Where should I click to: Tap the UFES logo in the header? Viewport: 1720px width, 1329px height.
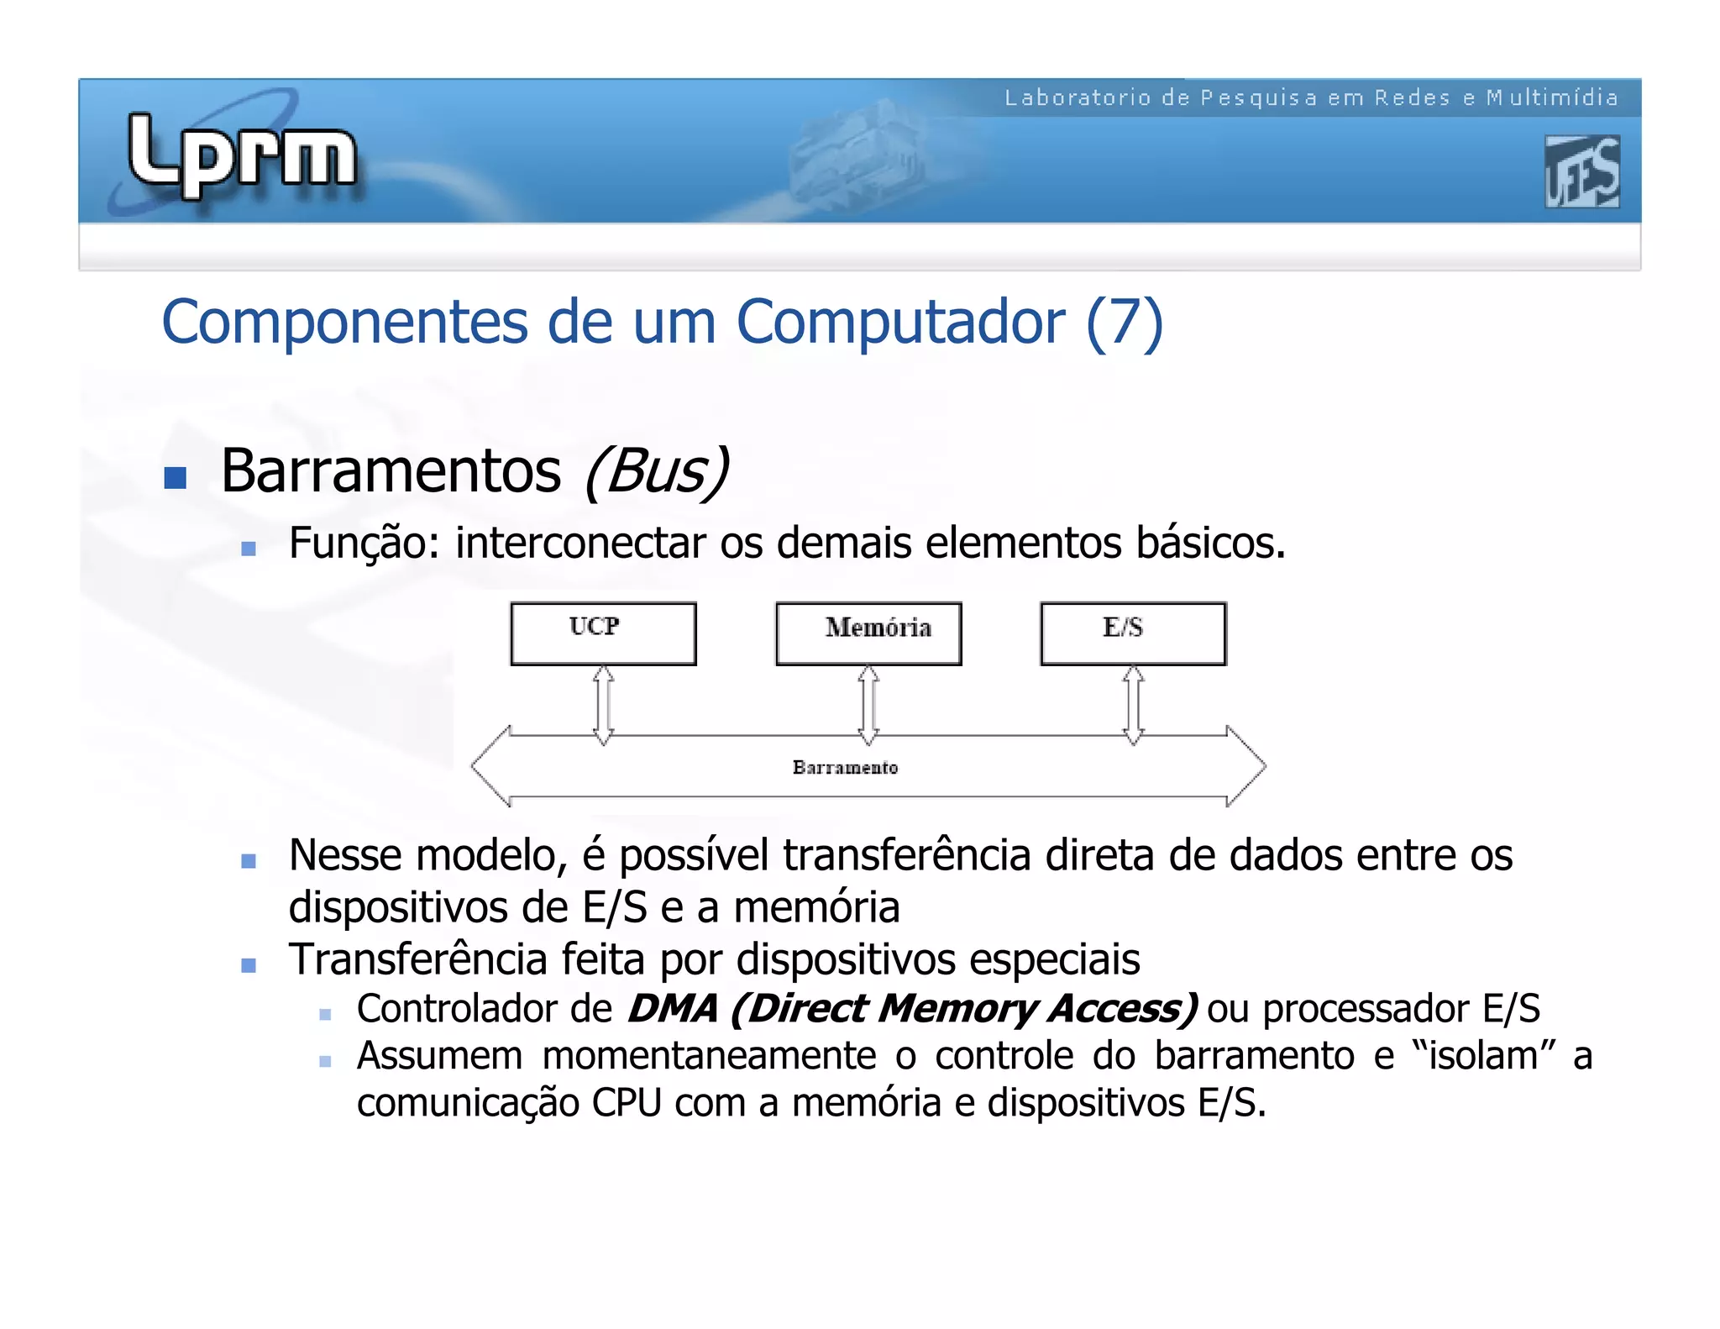pos(1581,171)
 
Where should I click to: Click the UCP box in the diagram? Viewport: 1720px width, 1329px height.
pos(603,634)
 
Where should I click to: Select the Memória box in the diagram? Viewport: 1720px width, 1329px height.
pos(868,634)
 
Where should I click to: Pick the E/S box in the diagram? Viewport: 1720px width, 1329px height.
pos(1133,634)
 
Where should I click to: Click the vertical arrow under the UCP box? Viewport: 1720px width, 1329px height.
pos(603,705)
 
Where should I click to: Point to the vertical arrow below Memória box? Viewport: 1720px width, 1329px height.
pos(868,705)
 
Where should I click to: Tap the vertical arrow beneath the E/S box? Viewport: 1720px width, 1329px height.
pos(1133,705)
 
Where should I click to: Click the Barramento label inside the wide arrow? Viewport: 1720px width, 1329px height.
pos(845,767)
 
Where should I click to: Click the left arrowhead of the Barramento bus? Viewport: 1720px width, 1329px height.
pos(491,766)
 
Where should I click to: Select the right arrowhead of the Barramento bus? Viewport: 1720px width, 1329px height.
pos(1245,766)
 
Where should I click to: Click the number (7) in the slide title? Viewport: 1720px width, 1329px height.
pos(1124,323)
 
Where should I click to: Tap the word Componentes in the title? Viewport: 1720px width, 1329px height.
pos(344,323)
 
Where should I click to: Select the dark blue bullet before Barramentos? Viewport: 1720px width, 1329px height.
pos(175,478)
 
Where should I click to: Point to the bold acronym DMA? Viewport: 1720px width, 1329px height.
pos(673,1008)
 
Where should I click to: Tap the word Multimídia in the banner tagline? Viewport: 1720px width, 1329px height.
pos(1552,98)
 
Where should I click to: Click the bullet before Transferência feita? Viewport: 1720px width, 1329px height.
pos(248,965)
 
